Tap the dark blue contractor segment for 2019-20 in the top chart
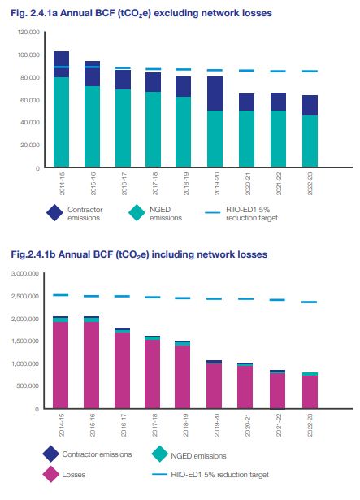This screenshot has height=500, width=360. click(215, 93)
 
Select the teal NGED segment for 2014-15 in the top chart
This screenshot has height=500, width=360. click(61, 122)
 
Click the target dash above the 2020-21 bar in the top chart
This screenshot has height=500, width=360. click(246, 71)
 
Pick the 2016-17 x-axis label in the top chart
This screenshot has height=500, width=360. click(124, 184)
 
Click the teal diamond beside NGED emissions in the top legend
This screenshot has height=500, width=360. click(137, 213)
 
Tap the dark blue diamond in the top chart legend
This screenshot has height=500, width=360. click(54, 213)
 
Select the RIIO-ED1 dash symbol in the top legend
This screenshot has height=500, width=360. click(212, 212)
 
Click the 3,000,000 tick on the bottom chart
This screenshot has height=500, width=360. click(25, 274)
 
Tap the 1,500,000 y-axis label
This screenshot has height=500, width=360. click(25, 341)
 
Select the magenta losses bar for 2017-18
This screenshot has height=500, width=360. click(153, 374)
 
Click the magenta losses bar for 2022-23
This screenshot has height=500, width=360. click(310, 392)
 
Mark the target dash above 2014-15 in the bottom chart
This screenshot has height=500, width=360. click(61, 295)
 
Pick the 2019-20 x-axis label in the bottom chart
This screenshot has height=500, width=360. click(217, 425)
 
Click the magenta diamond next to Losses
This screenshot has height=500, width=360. click(51, 474)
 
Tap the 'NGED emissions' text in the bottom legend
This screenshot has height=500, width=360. click(198, 456)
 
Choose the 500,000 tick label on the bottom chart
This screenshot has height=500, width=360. click(28, 386)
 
